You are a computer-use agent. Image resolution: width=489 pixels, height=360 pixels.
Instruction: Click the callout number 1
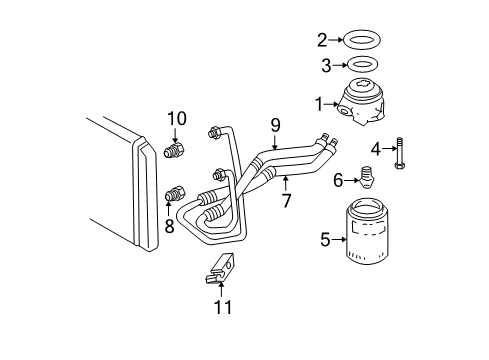point(320,102)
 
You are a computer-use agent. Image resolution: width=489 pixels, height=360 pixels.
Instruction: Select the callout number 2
point(322,41)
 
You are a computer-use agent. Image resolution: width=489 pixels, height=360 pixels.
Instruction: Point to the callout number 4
point(376,149)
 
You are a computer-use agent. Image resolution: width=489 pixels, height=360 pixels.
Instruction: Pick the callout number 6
point(338,179)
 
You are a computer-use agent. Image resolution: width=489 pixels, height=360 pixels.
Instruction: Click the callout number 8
point(169,226)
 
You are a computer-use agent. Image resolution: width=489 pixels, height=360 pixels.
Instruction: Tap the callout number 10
point(177,119)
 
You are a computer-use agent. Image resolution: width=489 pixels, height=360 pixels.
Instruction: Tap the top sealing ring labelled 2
point(360,41)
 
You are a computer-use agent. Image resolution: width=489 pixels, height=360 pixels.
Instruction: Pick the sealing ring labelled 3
point(360,65)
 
